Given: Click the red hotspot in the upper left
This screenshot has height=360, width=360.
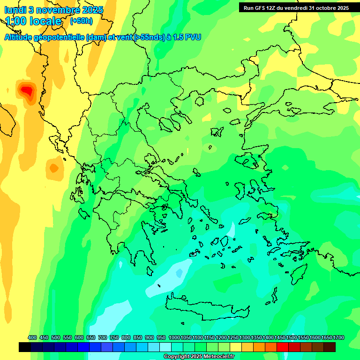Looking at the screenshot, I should point(27,89).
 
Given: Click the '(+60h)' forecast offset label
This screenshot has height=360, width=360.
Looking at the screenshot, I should point(81,21).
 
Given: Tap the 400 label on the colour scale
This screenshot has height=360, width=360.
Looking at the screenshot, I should point(32,337).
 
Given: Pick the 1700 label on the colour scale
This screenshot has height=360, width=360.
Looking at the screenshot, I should point(338,337).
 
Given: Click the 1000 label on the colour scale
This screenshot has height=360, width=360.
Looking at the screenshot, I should point(174,337).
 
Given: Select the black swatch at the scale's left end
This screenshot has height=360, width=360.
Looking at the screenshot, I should point(25,347).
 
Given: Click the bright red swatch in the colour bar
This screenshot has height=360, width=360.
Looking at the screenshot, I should point(283,347).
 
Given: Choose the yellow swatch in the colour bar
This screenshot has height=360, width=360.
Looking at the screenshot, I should point(236,347).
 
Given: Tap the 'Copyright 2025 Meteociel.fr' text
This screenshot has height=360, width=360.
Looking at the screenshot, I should point(199,357).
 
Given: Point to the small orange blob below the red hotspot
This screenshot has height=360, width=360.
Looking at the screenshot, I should point(54,167).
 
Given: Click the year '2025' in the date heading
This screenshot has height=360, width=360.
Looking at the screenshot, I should point(93,10).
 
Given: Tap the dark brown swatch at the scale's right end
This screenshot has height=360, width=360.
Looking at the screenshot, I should point(330,347).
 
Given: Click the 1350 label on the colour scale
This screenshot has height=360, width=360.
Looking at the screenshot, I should point(256,337).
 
